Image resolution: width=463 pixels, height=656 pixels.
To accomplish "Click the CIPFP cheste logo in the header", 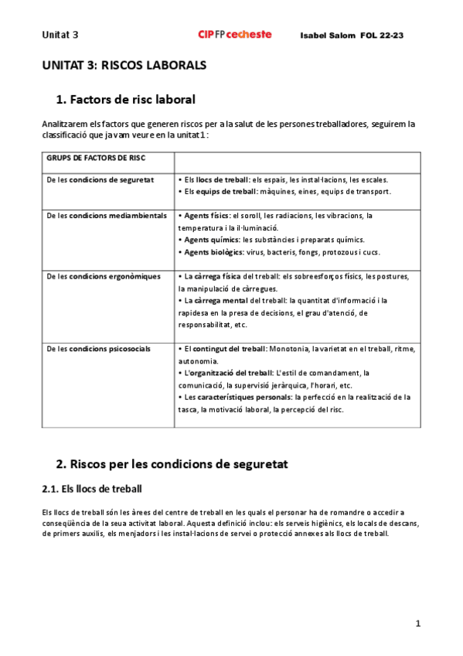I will [235, 35].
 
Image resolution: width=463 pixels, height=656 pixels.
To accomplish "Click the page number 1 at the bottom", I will [417, 624].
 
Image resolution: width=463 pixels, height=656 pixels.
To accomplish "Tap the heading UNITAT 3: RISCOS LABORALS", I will [124, 66].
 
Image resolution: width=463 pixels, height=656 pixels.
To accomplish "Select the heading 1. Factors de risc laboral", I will [126, 99].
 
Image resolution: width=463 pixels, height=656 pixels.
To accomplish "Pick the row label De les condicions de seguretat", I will [100, 179].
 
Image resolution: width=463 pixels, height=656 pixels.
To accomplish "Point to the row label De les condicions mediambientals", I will [107, 216].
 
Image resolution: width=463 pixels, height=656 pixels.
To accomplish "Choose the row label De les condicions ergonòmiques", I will [104, 276].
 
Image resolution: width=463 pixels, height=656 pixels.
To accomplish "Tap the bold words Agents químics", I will [211, 240].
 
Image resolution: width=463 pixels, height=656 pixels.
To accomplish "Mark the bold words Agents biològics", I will [213, 252].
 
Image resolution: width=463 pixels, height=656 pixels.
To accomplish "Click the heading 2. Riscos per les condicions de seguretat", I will [172, 464].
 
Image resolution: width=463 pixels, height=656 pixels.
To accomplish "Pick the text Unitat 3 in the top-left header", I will [60, 35].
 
